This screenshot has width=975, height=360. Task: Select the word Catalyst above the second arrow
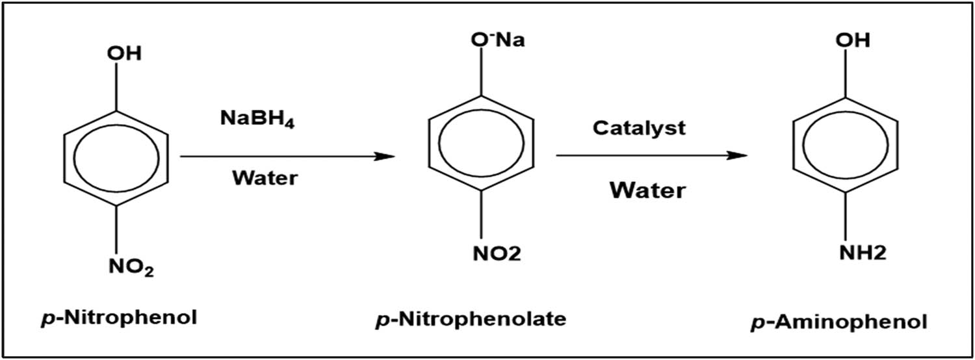pyautogui.click(x=638, y=128)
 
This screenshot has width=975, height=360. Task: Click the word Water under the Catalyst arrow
pyautogui.click(x=647, y=190)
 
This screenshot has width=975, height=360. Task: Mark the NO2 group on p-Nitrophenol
pyautogui.click(x=129, y=266)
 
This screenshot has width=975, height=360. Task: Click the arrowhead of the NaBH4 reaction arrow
pyautogui.click(x=387, y=157)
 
